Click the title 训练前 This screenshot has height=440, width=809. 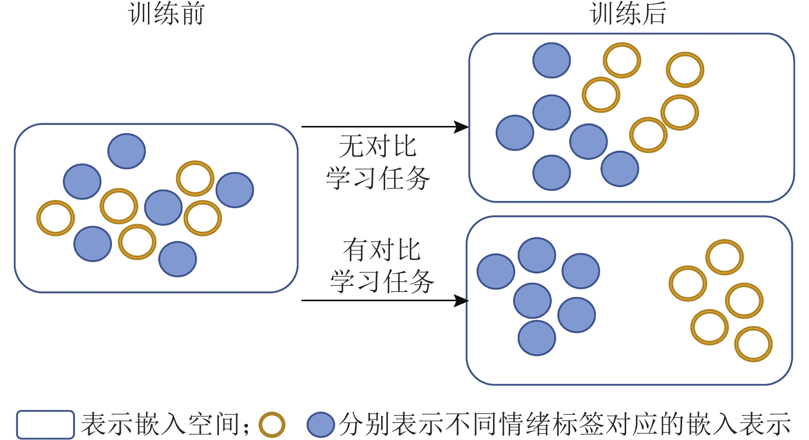click(166, 14)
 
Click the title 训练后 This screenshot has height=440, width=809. click(628, 14)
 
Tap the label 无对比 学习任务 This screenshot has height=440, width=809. click(378, 162)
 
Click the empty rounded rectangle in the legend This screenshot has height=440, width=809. click(45, 425)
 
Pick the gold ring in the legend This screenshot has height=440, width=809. click(272, 425)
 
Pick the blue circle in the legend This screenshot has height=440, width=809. click(321, 425)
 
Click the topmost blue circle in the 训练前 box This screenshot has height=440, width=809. click(126, 151)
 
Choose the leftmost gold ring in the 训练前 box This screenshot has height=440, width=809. click(55, 218)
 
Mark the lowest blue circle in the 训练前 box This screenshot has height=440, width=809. click(178, 259)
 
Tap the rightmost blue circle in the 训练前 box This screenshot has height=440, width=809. click(235, 190)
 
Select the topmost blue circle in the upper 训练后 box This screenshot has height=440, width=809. click(552, 61)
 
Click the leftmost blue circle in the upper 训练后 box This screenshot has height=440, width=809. click(515, 133)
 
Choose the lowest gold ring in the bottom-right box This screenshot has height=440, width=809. click(753, 344)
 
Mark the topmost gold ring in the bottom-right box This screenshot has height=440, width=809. click(724, 257)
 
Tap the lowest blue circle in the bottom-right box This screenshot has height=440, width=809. click(537, 338)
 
